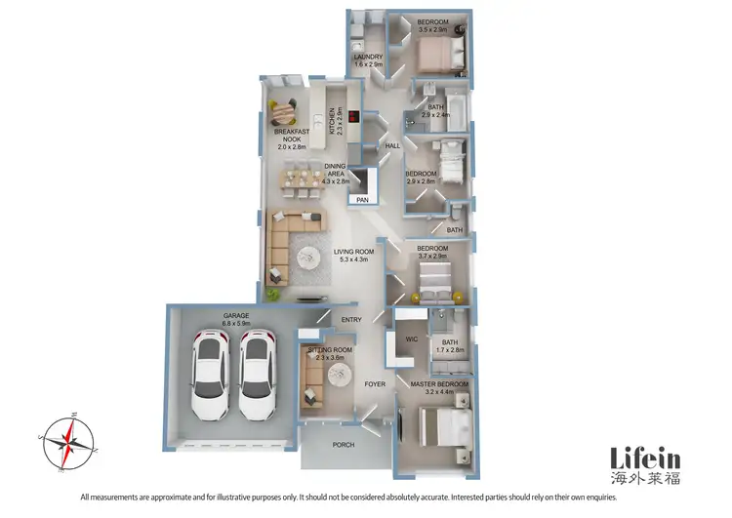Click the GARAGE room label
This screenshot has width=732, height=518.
237,316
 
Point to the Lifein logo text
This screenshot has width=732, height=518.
645,458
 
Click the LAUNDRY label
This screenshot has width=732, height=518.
367,58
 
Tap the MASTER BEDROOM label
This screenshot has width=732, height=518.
439,384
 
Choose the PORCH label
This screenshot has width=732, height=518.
344,445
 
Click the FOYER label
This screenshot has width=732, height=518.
375,384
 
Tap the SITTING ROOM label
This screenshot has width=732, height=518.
329,348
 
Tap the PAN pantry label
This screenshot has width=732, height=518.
362,200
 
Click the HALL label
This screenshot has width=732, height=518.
393,145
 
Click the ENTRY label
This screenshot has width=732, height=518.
351,319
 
